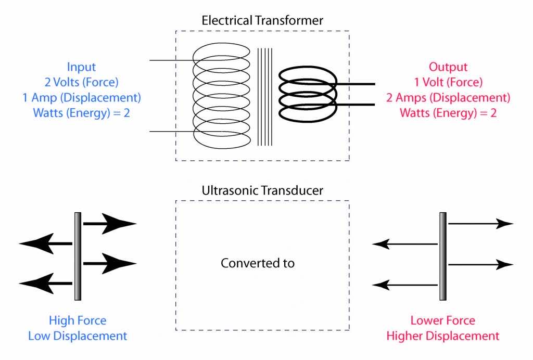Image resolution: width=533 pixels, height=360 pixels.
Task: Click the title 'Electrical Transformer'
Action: coord(262,21)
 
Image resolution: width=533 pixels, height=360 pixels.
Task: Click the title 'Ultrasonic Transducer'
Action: coord(262,190)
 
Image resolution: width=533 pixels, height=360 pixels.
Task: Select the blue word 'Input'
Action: coord(82,67)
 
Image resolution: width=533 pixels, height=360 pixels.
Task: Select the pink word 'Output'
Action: coord(448,67)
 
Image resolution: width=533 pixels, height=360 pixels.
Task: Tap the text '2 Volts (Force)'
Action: coord(82,82)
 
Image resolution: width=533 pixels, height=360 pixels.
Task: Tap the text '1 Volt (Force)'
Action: coord(448,82)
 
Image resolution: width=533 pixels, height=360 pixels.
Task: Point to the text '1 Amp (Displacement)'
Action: coord(82,97)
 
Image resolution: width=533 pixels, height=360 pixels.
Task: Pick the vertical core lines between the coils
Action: coord(264,97)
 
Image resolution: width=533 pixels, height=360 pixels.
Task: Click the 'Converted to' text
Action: coord(258,263)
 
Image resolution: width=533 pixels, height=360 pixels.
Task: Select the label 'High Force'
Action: coord(78,320)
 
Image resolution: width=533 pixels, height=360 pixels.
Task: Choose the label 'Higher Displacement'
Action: coord(442,336)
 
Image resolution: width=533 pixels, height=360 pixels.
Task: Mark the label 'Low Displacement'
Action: coord(78,336)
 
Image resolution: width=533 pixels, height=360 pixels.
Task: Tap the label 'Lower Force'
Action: coord(442,320)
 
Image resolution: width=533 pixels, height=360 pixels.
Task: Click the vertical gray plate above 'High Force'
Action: coord(78,256)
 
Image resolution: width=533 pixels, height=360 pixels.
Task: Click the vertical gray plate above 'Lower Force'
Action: coord(443,256)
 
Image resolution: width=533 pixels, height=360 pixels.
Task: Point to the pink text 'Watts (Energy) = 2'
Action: coord(448,112)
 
